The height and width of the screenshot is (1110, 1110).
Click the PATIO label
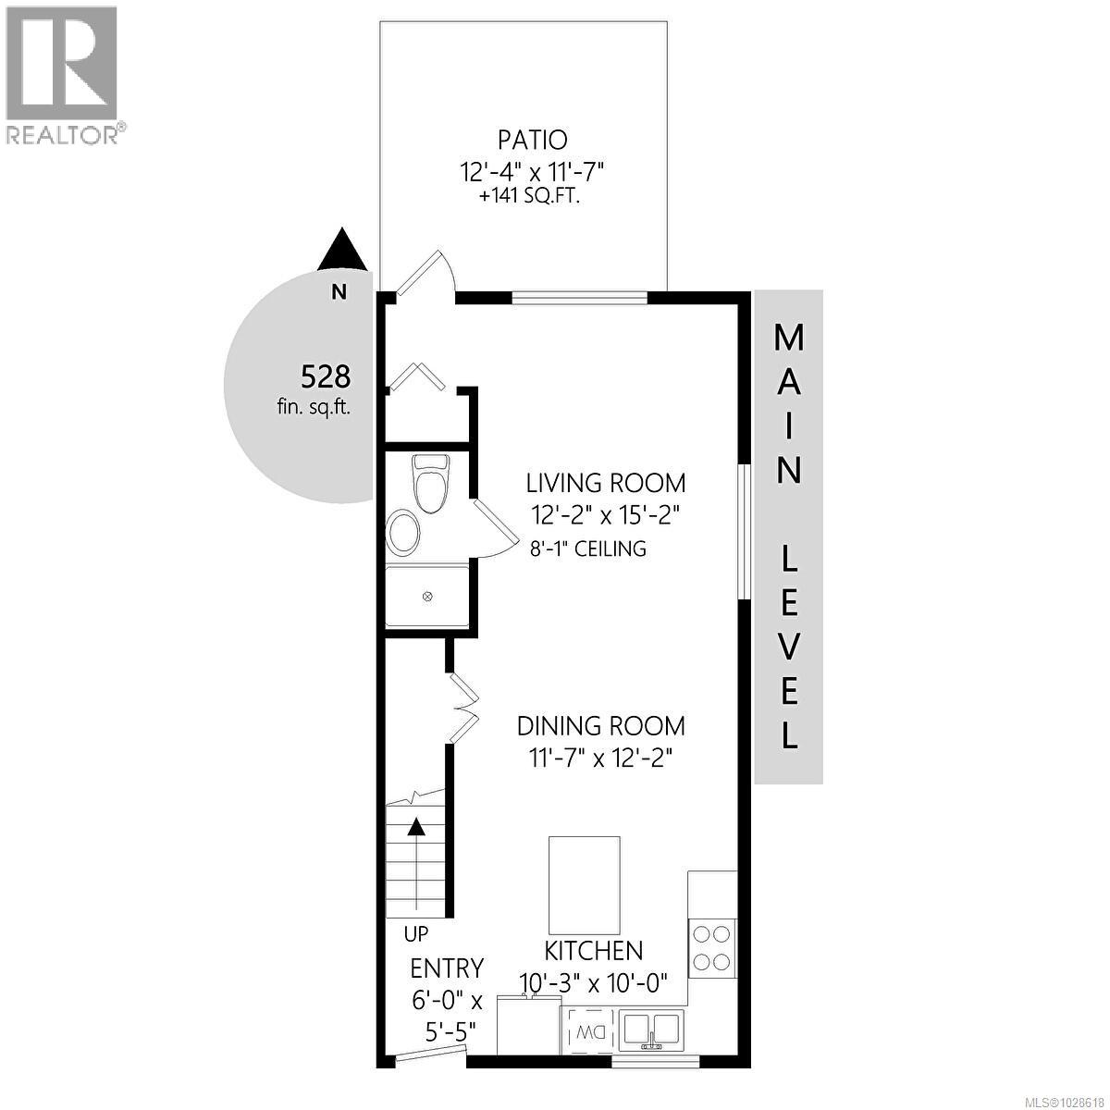pos(532,141)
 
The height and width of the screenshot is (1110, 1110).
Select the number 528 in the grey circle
pos(326,376)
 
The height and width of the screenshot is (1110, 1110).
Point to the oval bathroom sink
pos(403,532)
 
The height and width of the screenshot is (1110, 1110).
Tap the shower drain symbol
pos(427,597)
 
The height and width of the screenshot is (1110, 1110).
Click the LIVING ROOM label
pos(606,483)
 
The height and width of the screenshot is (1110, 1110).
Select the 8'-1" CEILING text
pos(587,549)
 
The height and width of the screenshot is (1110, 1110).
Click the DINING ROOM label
pos(600,725)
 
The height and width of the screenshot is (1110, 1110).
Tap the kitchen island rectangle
pos(584,884)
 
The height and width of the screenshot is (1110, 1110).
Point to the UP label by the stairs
pos(416,933)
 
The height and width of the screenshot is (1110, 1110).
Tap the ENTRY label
pos(448,968)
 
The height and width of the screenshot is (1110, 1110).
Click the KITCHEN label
pos(593,951)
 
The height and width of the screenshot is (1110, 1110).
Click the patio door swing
pos(424,274)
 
